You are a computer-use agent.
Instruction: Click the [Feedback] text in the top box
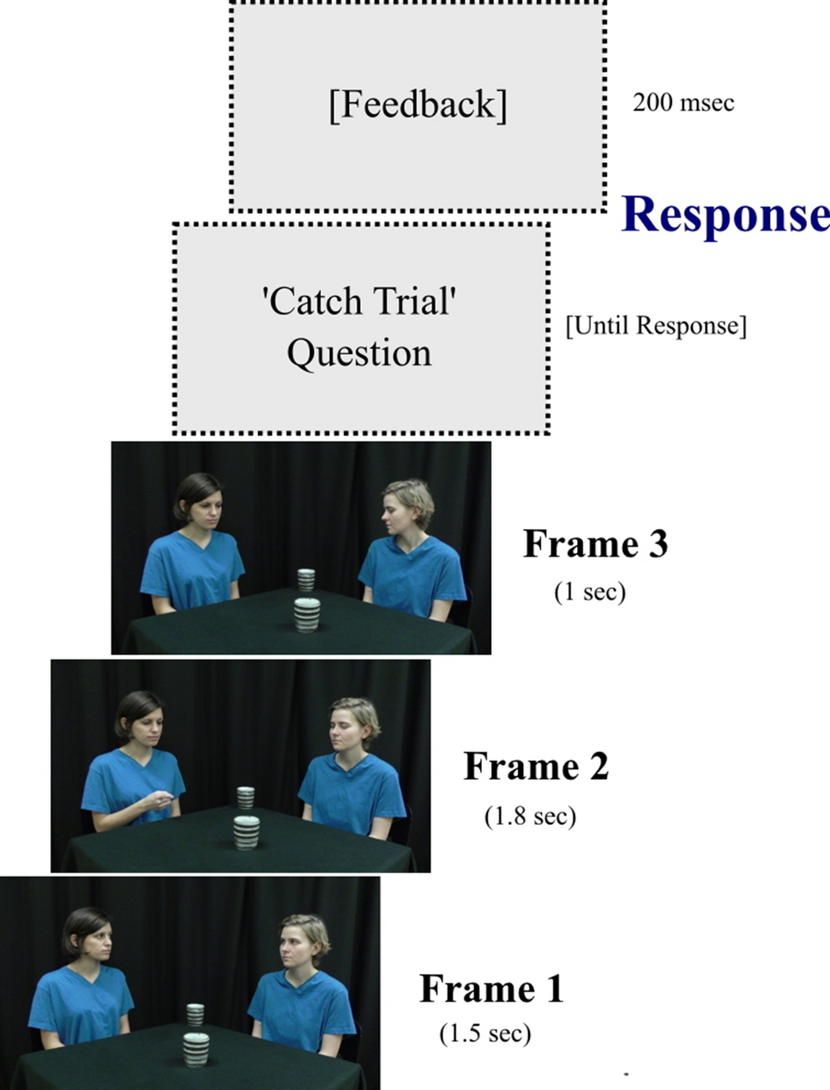[418, 105]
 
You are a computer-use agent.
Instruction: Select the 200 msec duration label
[683, 103]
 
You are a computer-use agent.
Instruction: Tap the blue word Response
[725, 214]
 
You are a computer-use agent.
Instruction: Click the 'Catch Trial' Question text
[359, 327]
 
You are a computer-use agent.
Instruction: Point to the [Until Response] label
[656, 326]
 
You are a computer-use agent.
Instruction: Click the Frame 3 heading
[595, 544]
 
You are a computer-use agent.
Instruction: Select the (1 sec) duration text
[590, 591]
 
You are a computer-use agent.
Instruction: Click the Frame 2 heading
[536, 766]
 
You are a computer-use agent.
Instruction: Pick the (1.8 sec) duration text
[530, 815]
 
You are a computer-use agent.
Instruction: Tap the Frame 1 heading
[491, 989]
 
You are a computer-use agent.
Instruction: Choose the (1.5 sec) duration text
[485, 1033]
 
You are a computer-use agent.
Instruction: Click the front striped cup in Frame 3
[307, 614]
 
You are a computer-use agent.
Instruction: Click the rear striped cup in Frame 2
[246, 798]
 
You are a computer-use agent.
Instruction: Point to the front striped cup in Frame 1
[195, 1049]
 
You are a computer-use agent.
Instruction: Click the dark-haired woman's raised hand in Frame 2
[159, 801]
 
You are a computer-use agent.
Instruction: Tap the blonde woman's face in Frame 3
[399, 511]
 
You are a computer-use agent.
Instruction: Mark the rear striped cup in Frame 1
[195, 1015]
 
